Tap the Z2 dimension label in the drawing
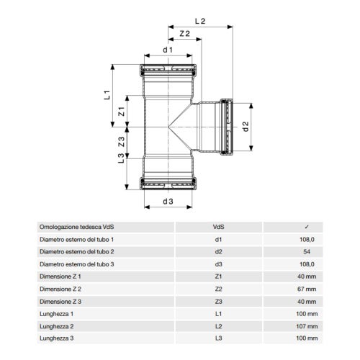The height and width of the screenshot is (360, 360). point(184,34)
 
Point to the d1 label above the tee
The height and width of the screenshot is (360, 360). point(167,50)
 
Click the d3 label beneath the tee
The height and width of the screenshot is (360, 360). point(168,201)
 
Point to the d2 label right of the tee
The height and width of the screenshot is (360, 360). point(245,126)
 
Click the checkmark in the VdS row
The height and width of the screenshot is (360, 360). point(307,227)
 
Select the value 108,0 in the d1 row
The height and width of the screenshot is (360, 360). point(307,239)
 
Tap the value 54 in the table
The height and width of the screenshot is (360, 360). point(307,251)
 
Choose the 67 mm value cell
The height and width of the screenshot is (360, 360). point(307,288)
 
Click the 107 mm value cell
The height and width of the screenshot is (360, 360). point(307,325)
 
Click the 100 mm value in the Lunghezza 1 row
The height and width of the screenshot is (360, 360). point(307,312)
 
